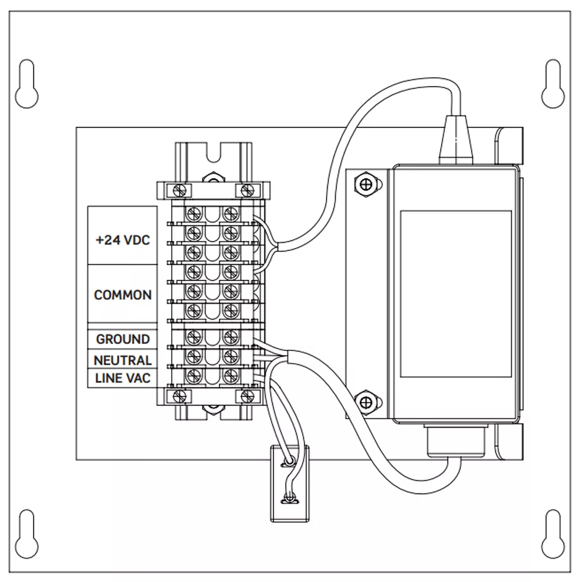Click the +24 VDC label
pyautogui.click(x=123, y=240)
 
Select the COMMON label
pyautogui.click(x=123, y=295)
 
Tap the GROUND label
pyautogui.click(x=123, y=339)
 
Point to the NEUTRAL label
pyautogui.click(x=123, y=360)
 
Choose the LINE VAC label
pyautogui.click(x=123, y=378)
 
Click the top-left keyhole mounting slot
pyautogui.click(x=27, y=84)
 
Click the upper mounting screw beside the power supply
pyautogui.click(x=366, y=184)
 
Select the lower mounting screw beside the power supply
pyautogui.click(x=366, y=401)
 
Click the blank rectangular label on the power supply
pyautogui.click(x=456, y=294)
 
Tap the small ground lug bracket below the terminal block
pyautogui.click(x=289, y=482)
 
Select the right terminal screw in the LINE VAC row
pyautogui.click(x=231, y=375)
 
